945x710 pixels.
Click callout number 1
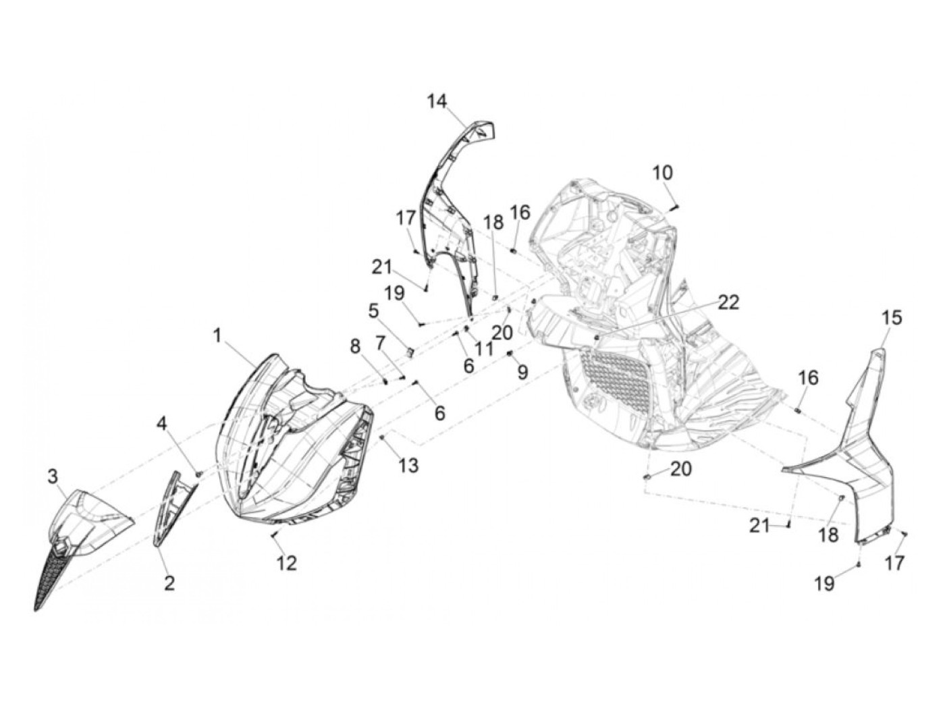(x=217, y=335)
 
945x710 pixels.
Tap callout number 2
(x=169, y=583)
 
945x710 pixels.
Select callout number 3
(x=53, y=477)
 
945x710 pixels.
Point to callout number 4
(x=161, y=424)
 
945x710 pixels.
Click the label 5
(x=373, y=311)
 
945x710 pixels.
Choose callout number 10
(x=662, y=173)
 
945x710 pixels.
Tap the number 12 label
(x=287, y=563)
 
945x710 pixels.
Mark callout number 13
(x=408, y=465)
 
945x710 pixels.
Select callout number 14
(x=437, y=102)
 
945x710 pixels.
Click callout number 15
(x=892, y=318)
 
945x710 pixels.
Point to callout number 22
(x=728, y=302)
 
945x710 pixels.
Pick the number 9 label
(x=522, y=372)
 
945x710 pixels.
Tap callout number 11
(x=483, y=349)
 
